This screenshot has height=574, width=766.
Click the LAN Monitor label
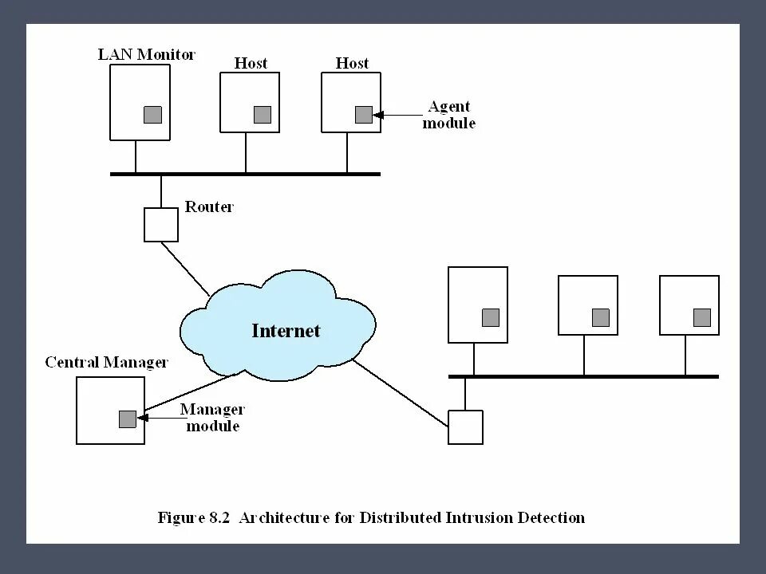[147, 54]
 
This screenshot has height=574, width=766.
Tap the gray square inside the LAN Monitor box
[153, 115]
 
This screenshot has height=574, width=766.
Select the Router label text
[209, 206]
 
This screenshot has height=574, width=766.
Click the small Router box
[161, 225]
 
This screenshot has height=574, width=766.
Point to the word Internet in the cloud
[286, 330]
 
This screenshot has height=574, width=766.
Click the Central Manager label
[106, 362]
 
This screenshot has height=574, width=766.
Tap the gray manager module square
[128, 419]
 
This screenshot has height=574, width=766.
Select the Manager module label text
[212, 417]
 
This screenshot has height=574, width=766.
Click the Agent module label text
[449, 114]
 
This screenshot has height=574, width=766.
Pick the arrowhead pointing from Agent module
[377, 115]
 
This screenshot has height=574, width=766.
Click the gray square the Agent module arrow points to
[364, 115]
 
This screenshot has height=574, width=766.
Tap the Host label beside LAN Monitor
[251, 63]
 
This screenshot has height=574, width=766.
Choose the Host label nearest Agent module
[352, 63]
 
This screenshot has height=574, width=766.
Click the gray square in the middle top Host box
[263, 115]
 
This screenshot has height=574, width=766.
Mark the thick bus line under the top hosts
[245, 174]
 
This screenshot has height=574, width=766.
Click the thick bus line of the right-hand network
[584, 376]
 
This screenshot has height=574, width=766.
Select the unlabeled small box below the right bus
[465, 427]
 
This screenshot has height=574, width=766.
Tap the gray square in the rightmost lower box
[702, 318]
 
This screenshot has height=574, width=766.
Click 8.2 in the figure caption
[219, 517]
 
